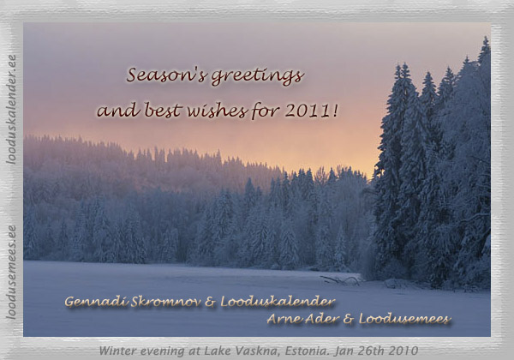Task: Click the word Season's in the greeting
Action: click(167, 75)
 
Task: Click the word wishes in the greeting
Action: click(218, 111)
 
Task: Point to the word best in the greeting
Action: click(164, 110)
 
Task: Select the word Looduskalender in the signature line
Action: click(278, 302)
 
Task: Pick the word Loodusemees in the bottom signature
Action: click(404, 319)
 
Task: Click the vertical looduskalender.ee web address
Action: click(11, 110)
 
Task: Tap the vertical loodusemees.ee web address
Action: click(11, 272)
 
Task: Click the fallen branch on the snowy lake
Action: click(341, 279)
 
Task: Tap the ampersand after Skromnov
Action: click(211, 302)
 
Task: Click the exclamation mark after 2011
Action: click(334, 111)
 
